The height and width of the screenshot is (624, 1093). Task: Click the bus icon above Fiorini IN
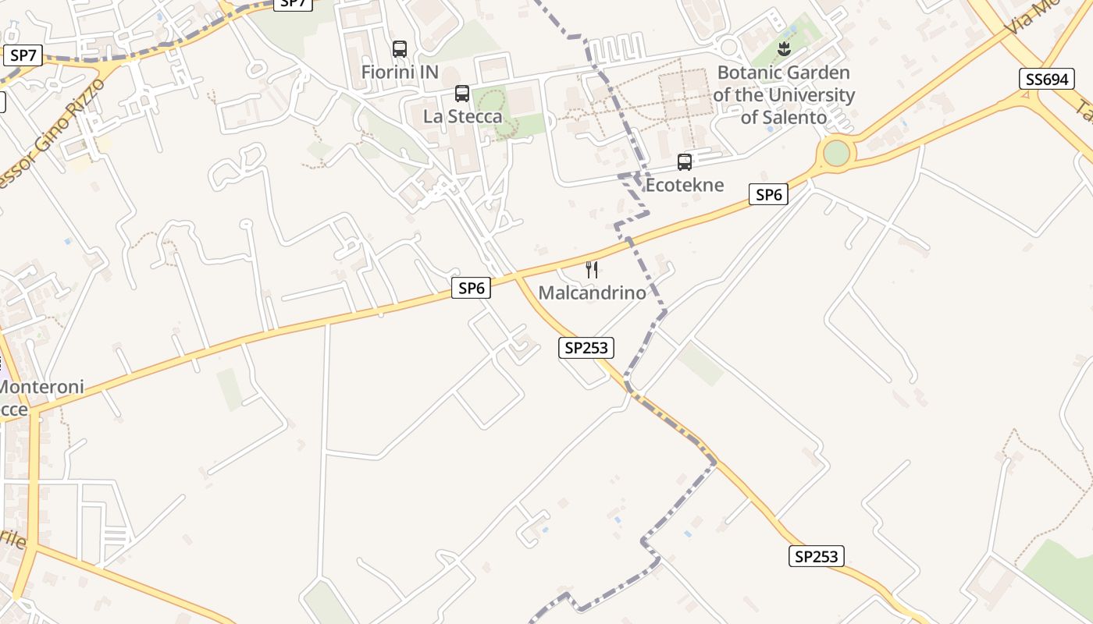(400, 49)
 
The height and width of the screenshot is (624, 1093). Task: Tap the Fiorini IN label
(400, 72)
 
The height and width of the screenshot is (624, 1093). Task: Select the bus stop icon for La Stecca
(462, 94)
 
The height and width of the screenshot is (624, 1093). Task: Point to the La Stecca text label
(463, 116)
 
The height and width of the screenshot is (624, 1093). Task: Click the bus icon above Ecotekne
(685, 162)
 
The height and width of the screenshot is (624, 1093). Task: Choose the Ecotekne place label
(685, 185)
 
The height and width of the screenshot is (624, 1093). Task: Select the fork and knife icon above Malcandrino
(592, 270)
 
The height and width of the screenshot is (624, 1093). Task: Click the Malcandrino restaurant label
(593, 292)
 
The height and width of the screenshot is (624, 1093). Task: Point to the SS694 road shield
(1046, 79)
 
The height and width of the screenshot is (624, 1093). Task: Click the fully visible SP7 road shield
(23, 55)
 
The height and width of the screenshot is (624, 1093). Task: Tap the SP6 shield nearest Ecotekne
(768, 194)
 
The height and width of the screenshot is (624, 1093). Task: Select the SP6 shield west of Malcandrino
(472, 288)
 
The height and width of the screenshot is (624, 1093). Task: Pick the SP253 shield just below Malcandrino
(586, 348)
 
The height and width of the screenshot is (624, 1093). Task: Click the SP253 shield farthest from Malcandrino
(816, 556)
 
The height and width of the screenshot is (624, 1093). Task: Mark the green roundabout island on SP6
(836, 153)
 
